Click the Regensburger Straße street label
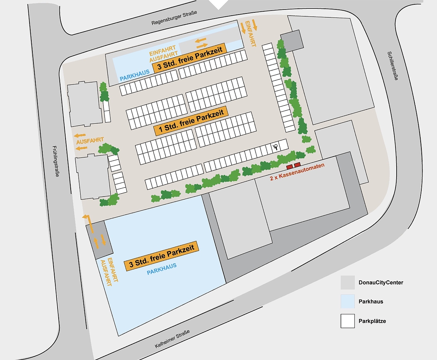pos(174,18)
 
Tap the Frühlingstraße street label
pos(55,161)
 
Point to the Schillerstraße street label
pos(393,66)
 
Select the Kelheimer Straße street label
pos(172,339)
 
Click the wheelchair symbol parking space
pos(276,147)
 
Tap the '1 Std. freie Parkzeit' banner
pos(191,121)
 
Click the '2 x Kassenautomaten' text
pos(297,172)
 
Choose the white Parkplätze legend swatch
pos(347,321)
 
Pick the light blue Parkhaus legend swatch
pos(347,301)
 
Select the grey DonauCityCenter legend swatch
pos(347,282)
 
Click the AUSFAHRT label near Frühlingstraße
pos(90,141)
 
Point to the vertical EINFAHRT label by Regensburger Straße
pos(250,33)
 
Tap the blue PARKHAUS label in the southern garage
pos(162,269)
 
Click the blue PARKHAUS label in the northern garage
pos(135,75)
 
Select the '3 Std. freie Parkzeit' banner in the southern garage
pos(161,256)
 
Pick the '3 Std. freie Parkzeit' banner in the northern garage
pos(189,58)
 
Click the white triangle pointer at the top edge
pos(218,4)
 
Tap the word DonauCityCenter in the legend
pos(381,282)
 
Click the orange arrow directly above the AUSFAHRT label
pos(80,135)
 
